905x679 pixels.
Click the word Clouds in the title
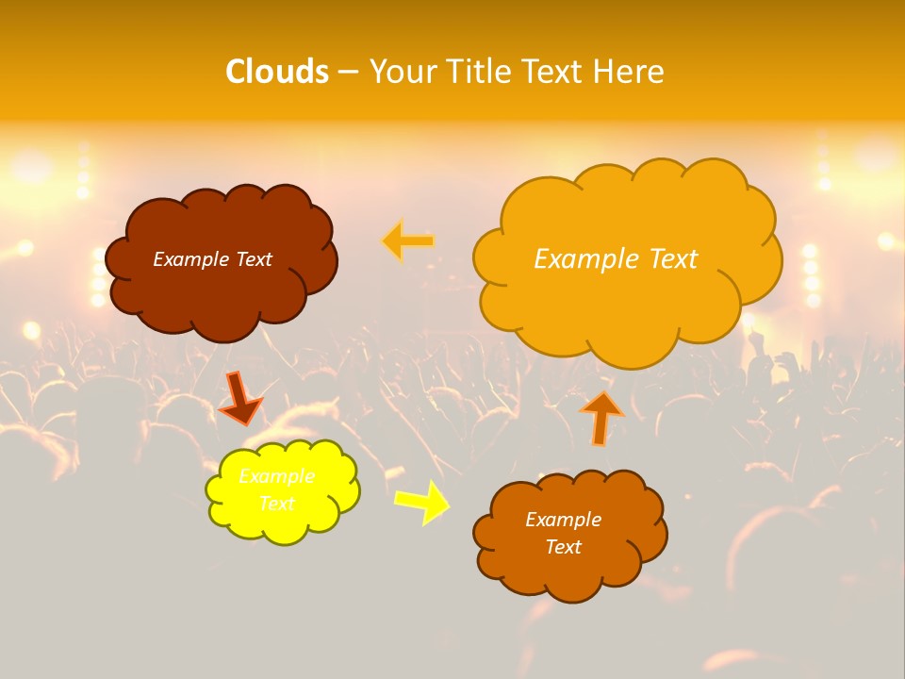tap(277, 72)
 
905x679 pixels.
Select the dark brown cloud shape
tap(222, 292)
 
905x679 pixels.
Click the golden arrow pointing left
tap(408, 241)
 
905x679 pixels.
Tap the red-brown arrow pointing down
tap(240, 398)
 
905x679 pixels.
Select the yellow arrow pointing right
tap(422, 502)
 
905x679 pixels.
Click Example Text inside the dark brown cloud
tap(212, 259)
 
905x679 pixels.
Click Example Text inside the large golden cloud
tap(616, 259)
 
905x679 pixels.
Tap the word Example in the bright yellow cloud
tap(276, 476)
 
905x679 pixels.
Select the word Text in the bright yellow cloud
tap(276, 504)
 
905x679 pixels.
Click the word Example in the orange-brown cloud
tap(563, 520)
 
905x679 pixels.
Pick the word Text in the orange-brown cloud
tap(563, 547)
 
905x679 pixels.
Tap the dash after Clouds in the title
tap(348, 72)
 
